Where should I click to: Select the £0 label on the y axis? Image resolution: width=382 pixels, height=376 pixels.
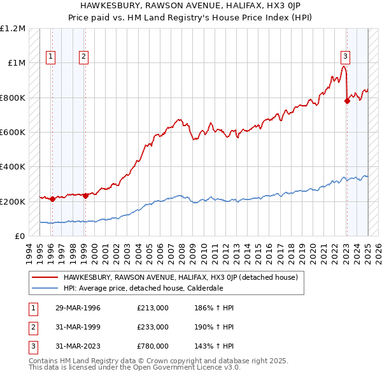20,236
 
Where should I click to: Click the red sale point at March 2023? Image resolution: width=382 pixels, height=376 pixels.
347,101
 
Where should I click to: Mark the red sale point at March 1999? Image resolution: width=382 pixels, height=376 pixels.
85,196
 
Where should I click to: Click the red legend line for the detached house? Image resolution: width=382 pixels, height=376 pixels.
45,277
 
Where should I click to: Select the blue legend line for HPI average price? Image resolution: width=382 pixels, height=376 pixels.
45,287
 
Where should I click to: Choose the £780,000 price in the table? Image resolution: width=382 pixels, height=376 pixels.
153,347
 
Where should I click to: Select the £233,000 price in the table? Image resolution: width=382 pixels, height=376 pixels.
153,328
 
